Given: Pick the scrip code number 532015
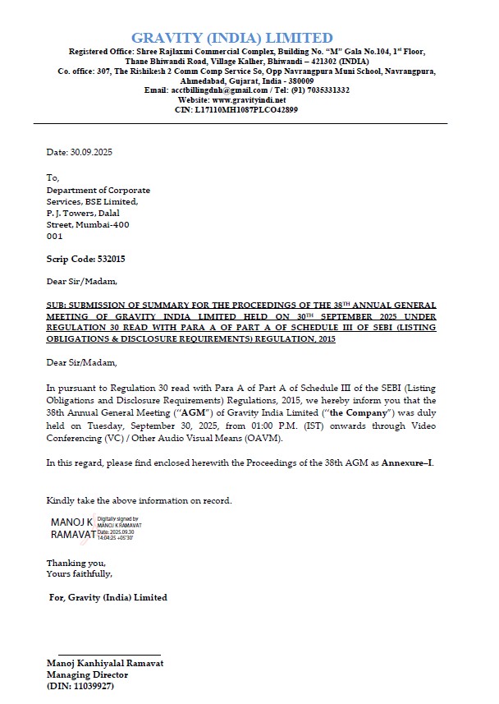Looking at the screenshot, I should point(110,259).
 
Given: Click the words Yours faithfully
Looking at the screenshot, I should point(79,573).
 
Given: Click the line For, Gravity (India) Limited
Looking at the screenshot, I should point(108,597).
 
